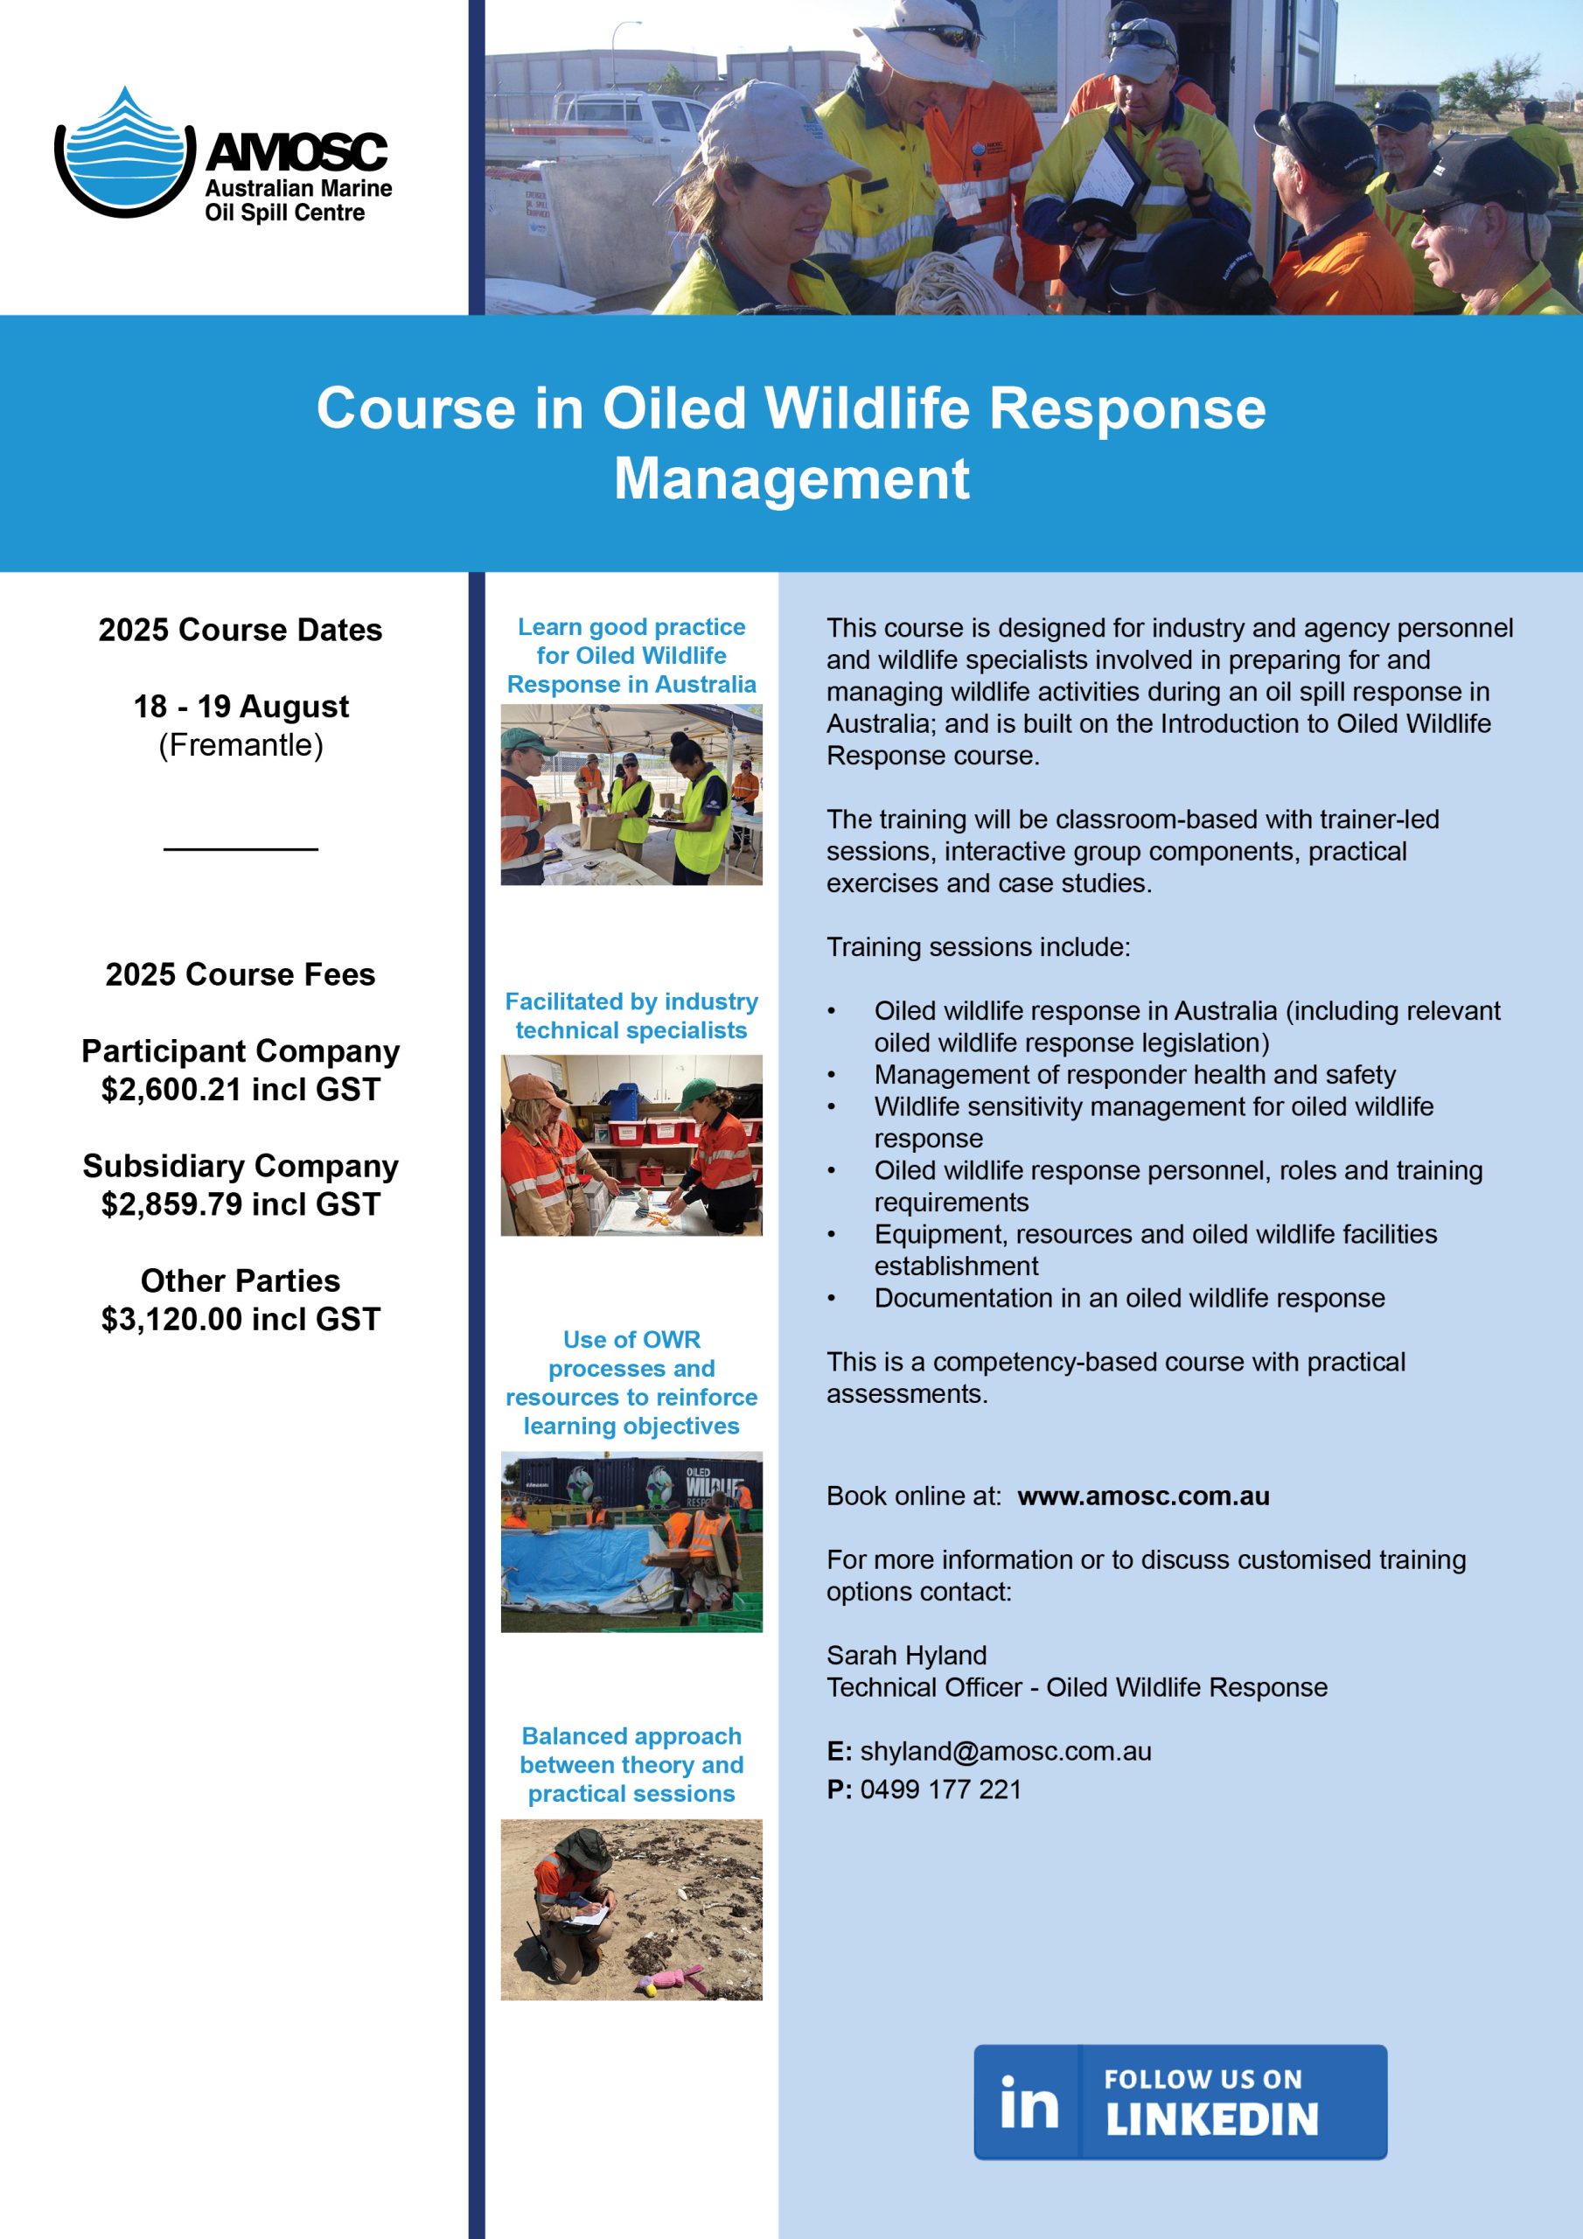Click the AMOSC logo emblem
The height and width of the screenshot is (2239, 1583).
122,153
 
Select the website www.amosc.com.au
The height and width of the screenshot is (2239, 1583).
1143,1496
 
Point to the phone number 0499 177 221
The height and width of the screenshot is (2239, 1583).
940,1789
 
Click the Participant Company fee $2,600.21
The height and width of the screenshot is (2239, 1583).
240,1089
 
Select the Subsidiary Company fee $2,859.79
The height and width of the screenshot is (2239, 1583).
240,1204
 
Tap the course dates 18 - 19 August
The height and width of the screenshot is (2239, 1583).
241,706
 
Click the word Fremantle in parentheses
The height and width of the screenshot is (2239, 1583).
241,745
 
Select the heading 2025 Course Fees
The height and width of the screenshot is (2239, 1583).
240,974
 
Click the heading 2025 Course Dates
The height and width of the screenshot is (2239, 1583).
240,630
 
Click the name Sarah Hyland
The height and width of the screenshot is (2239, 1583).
906,1655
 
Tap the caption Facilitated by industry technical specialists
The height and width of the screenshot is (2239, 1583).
631,1015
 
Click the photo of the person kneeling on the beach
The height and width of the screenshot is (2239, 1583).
631,1909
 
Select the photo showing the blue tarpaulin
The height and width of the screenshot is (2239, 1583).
631,1541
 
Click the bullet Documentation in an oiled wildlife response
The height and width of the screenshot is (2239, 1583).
1128,1298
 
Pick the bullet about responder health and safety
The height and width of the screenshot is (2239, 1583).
1134,1075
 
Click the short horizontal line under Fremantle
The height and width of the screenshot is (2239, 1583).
241,849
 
